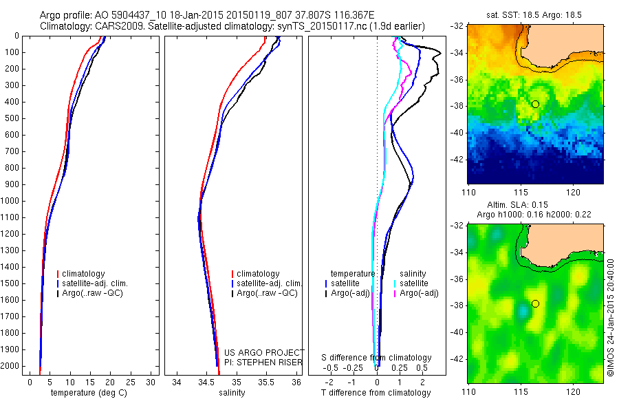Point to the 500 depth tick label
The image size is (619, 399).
point(12,118)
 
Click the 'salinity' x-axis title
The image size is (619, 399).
point(231,392)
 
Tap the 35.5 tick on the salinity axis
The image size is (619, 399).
point(266,381)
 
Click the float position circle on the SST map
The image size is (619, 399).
point(535,104)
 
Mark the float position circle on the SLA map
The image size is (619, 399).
point(535,303)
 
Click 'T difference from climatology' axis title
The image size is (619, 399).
point(376,392)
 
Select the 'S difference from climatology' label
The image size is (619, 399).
point(376,358)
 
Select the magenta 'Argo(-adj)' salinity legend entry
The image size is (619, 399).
point(419,294)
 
